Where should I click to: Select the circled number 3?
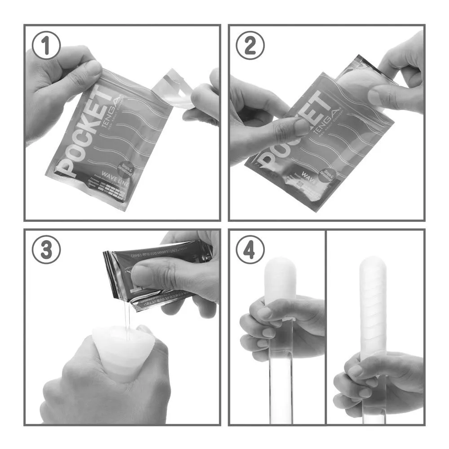point(47,251)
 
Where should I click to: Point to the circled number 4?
point(251,251)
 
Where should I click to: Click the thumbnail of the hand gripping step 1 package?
point(93,68)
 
